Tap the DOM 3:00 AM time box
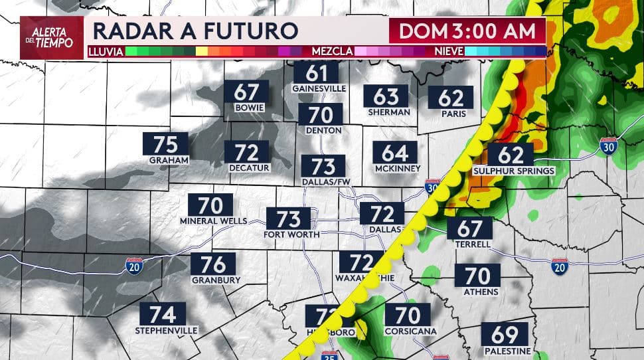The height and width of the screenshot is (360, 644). (467, 31)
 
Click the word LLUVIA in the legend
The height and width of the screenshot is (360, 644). (106, 50)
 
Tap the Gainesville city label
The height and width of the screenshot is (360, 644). (319, 88)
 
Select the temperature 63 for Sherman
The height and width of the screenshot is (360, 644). (386, 97)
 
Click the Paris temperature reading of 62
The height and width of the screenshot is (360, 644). (451, 98)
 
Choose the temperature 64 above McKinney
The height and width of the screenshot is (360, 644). (394, 153)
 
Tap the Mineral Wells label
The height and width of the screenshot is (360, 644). (213, 221)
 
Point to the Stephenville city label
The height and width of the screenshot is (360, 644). (167, 330)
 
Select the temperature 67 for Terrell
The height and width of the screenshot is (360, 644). (469, 228)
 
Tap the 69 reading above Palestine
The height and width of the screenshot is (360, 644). (505, 334)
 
